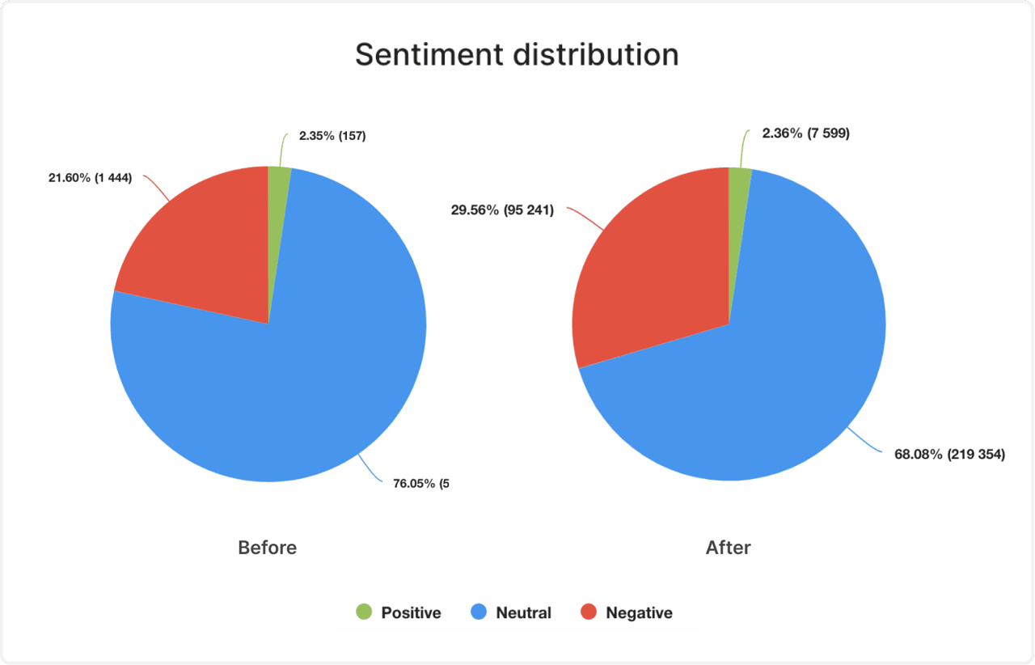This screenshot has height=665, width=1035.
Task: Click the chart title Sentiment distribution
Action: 517,55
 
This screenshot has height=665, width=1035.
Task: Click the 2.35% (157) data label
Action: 332,136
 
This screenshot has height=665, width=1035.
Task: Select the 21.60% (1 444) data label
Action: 90,178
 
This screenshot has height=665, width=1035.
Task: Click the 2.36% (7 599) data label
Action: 805,133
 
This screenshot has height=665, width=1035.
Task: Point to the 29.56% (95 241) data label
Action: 502,211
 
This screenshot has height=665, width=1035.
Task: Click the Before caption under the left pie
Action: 267,548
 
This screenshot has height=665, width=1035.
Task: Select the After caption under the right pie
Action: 728,548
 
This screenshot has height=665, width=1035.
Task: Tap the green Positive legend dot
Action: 364,612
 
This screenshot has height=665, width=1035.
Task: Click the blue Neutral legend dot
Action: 479,612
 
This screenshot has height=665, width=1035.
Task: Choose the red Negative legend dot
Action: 589,612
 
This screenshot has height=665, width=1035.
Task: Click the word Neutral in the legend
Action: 523,613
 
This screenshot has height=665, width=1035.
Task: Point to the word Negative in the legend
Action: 639,613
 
